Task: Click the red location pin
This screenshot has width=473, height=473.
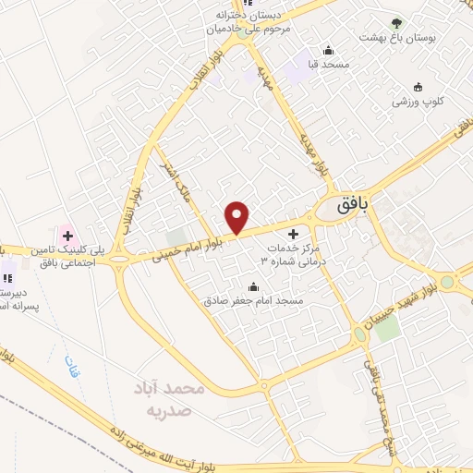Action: coord(237,217)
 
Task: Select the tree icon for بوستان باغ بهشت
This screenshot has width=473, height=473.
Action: coord(397,23)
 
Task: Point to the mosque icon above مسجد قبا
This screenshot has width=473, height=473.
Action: coord(328,51)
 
